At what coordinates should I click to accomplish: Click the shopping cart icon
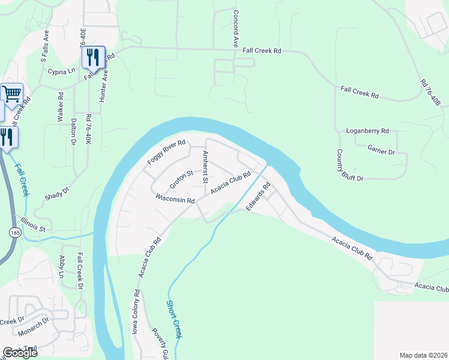pyautogui.click(x=12, y=94)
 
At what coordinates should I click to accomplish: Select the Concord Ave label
pyautogui.click(x=236, y=29)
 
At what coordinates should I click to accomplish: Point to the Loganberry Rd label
pyautogui.click(x=368, y=131)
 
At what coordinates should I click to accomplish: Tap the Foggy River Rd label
pyautogui.click(x=166, y=154)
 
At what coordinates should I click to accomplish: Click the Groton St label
pyautogui.click(x=180, y=179)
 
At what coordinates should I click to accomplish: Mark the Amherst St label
pyautogui.click(x=205, y=167)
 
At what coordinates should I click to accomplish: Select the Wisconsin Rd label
pyautogui.click(x=175, y=199)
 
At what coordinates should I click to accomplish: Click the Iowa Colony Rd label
pyautogui.click(x=136, y=312)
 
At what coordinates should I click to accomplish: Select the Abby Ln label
pyautogui.click(x=62, y=267)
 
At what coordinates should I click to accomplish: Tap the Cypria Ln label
pyautogui.click(x=61, y=71)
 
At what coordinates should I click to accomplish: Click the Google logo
pyautogui.click(x=20, y=353)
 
